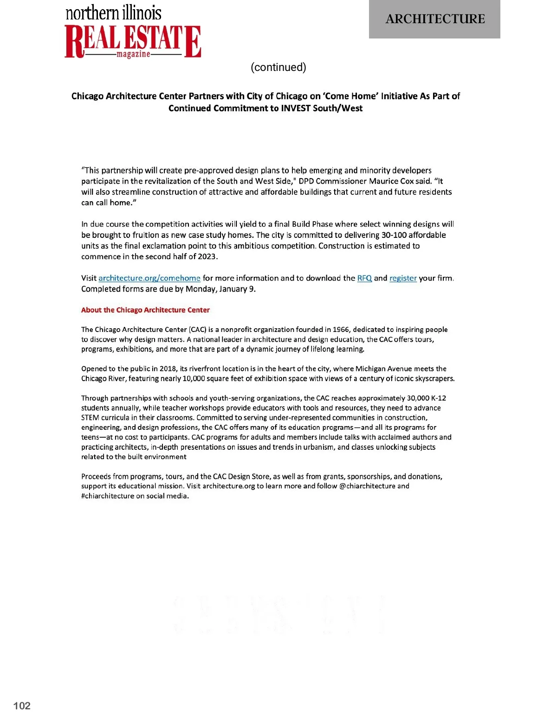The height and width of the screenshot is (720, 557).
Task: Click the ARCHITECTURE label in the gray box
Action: [x=435, y=19]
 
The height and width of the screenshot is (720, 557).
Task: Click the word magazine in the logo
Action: [x=133, y=55]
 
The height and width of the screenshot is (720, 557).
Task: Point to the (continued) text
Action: [x=278, y=67]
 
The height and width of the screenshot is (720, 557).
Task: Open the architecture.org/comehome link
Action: [x=149, y=278]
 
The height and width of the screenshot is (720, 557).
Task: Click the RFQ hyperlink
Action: [x=364, y=278]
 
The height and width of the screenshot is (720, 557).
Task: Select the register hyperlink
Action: [x=403, y=278]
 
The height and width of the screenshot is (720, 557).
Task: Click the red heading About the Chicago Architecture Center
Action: [x=145, y=310]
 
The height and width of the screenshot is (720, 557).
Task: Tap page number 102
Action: [x=22, y=706]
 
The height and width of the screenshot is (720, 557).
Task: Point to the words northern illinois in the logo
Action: [x=114, y=13]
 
